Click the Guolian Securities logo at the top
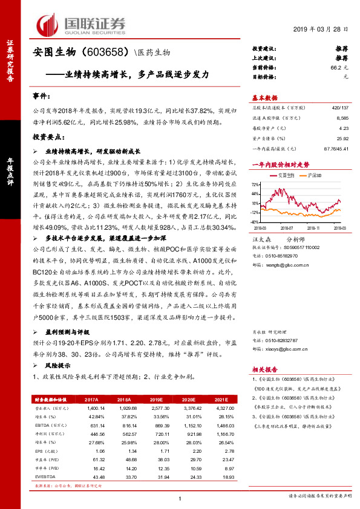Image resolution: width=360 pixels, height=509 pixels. pyautogui.click(x=82, y=24)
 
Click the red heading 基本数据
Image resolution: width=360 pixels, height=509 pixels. pyautogui.click(x=264, y=97)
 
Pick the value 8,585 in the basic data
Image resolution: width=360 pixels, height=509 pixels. pyautogui.click(x=342, y=119)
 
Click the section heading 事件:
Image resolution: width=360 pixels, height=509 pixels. pyautogui.click(x=42, y=96)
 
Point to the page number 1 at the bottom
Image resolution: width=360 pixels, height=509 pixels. pyautogui.click(x=180, y=498)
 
